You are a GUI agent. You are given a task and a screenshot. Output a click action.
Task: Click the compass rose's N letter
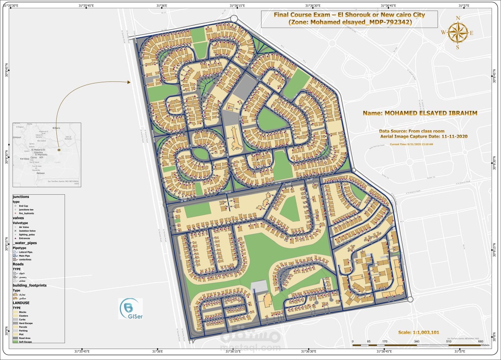click(458, 18)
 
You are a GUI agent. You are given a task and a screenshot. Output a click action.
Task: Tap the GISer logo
click(130, 309)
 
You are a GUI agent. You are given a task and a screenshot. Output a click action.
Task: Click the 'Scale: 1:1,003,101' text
click(418, 332)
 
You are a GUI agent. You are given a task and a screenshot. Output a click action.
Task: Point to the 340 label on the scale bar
click(416, 342)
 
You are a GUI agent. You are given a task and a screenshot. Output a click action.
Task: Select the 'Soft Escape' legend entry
click(25, 342)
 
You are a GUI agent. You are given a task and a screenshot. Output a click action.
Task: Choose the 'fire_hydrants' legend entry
click(26, 213)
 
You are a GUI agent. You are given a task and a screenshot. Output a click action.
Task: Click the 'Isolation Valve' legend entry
click(27, 231)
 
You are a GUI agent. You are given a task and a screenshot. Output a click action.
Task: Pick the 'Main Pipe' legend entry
click(25, 256)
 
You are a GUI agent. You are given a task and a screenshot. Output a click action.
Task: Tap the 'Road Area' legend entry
click(25, 338)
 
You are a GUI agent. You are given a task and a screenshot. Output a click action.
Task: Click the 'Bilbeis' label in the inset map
click(56, 128)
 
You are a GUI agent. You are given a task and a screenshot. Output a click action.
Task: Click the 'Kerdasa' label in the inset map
click(25, 159)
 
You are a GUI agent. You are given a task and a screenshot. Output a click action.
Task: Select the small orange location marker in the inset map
click(59, 150)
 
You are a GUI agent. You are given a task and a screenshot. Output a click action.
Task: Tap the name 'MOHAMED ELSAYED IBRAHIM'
click(420, 113)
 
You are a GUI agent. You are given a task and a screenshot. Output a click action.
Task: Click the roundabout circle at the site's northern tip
click(234, 18)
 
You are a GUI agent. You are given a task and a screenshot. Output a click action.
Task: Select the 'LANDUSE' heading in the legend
click(21, 303)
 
